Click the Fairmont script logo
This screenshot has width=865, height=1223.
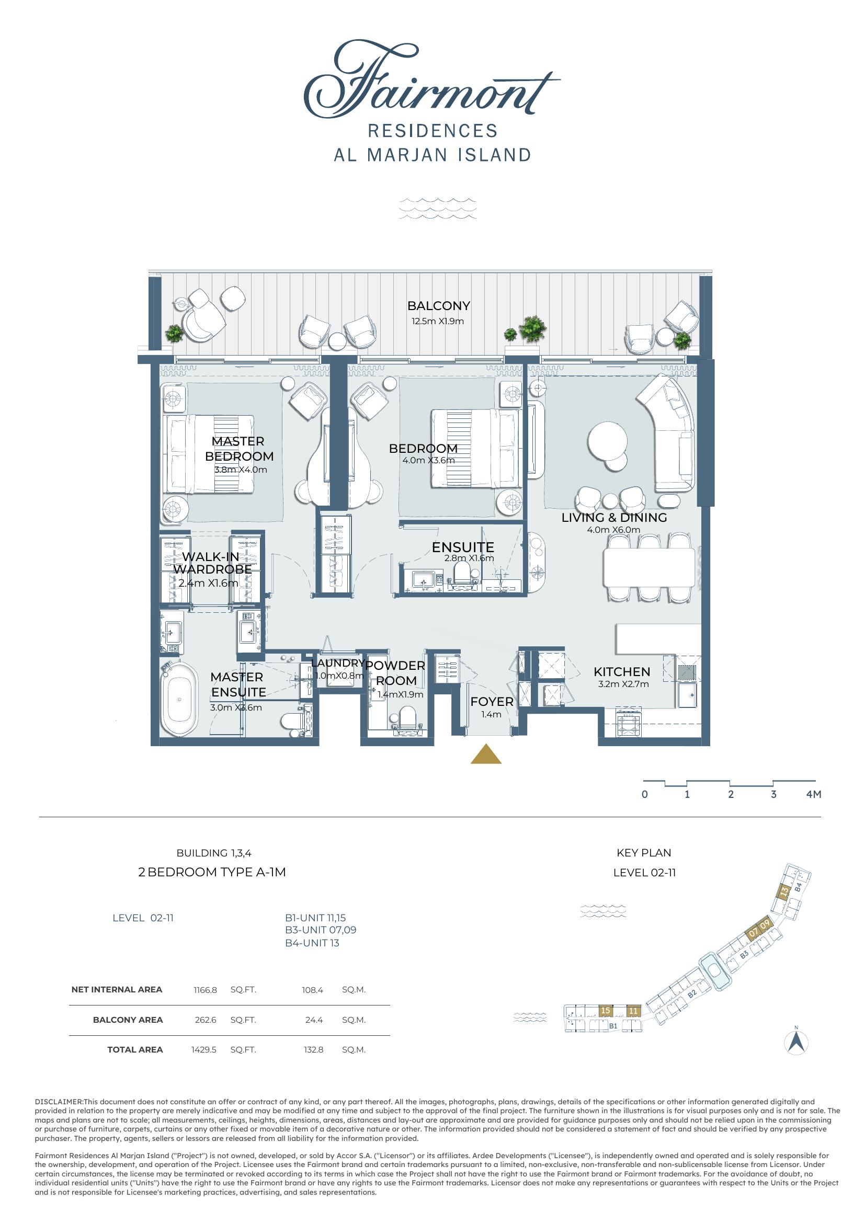click(431, 80)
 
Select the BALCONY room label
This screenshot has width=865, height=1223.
click(438, 306)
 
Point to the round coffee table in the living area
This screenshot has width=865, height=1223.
click(608, 443)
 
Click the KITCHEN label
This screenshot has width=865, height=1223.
click(622, 672)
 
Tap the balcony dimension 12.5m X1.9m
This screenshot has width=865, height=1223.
click(437, 321)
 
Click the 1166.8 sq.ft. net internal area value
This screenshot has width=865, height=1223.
click(205, 990)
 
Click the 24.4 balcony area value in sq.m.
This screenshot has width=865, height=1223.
click(314, 1020)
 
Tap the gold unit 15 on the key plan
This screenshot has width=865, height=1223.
click(605, 1011)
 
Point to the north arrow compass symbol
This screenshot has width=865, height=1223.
click(797, 1042)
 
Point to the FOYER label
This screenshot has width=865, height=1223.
click(492, 702)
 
